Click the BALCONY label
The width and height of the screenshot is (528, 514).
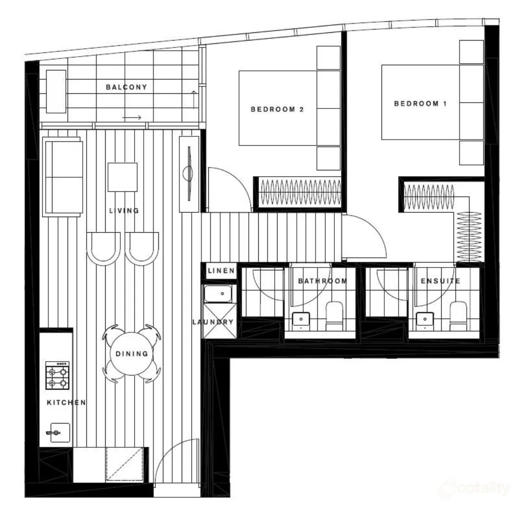pyautogui.click(x=127, y=87)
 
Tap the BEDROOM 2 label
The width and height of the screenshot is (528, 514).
pyautogui.click(x=277, y=109)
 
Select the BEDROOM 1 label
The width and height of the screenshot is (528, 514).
pyautogui.click(x=420, y=103)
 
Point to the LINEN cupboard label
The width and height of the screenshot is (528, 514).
pyautogui.click(x=221, y=271)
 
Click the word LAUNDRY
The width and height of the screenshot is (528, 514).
pyautogui.click(x=213, y=322)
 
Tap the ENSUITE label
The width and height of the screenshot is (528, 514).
pyautogui.click(x=440, y=281)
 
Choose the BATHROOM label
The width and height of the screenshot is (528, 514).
pyautogui.click(x=323, y=281)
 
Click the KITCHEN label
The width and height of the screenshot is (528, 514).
pyautogui.click(x=66, y=403)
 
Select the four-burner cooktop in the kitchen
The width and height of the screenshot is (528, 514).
pyautogui.click(x=58, y=376)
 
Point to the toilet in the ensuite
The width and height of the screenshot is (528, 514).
pyautogui.click(x=458, y=315)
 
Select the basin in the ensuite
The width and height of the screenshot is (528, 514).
pyautogui.click(x=424, y=319)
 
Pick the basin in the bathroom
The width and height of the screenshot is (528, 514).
pyautogui.click(x=301, y=319)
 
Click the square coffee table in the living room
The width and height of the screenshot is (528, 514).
pyautogui.click(x=122, y=177)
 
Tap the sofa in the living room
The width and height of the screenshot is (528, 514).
pyautogui.click(x=62, y=177)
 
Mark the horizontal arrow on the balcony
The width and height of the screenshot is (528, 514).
pyautogui.click(x=132, y=117)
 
